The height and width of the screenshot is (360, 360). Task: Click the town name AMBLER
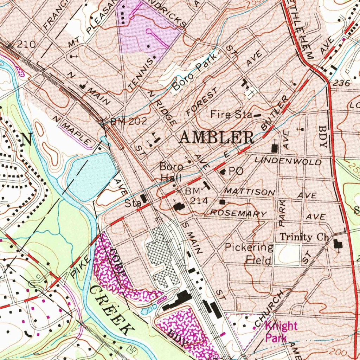click(x=216, y=137)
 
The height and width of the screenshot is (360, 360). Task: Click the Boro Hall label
click(x=171, y=172)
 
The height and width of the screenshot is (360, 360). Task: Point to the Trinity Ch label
click(x=304, y=237)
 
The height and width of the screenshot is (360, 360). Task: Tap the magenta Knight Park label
click(x=281, y=332)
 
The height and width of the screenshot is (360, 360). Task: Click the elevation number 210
click(x=26, y=44)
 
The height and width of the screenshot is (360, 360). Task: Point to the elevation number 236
click(x=341, y=83)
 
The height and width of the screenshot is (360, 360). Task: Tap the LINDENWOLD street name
click(x=288, y=161)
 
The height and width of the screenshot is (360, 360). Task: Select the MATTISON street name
click(x=250, y=192)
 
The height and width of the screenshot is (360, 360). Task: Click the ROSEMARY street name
click(x=238, y=213)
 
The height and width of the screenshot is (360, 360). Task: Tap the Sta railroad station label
click(x=132, y=203)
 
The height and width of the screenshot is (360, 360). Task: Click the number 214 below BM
click(x=199, y=201)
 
